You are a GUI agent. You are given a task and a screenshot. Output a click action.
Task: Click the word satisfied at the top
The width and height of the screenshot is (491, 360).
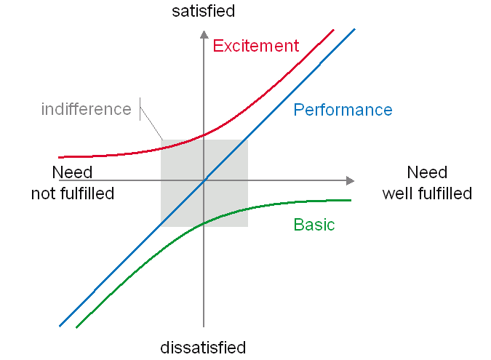point(203,11)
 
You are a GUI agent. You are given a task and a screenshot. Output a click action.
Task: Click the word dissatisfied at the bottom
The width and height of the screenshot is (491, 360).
point(203,348)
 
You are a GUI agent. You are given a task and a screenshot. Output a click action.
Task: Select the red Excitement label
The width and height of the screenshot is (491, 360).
point(255,46)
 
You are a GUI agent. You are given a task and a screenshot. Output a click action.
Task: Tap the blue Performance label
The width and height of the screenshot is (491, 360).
point(343,110)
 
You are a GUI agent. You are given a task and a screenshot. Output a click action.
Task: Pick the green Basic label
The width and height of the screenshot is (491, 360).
point(314,225)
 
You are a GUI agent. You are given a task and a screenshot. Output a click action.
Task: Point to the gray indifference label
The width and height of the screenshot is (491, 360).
point(86,110)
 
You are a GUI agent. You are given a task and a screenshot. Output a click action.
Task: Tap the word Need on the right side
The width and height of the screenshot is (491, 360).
point(427,173)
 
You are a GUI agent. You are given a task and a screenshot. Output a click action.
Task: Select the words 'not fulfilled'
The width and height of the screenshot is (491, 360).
point(73,193)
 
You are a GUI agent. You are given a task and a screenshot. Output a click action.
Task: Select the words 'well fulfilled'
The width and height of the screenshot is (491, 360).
point(427,193)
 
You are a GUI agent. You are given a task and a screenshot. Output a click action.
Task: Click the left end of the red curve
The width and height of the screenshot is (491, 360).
point(60,156)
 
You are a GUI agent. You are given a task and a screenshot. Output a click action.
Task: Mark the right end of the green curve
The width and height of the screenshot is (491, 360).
point(350,200)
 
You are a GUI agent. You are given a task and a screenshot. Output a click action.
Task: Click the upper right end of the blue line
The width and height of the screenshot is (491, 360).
point(354,30)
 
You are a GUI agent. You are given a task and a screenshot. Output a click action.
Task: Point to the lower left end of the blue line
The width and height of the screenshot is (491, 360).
point(60,325)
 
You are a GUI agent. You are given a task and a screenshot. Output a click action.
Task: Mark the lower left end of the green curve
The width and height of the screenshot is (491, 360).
point(77,327)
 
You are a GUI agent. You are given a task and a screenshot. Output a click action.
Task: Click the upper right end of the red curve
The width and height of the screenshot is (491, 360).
point(333,30)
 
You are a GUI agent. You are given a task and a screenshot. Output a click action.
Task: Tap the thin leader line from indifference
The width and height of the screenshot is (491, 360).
point(151,123)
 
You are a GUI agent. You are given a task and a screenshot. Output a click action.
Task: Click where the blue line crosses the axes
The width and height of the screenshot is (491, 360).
point(204,180)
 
